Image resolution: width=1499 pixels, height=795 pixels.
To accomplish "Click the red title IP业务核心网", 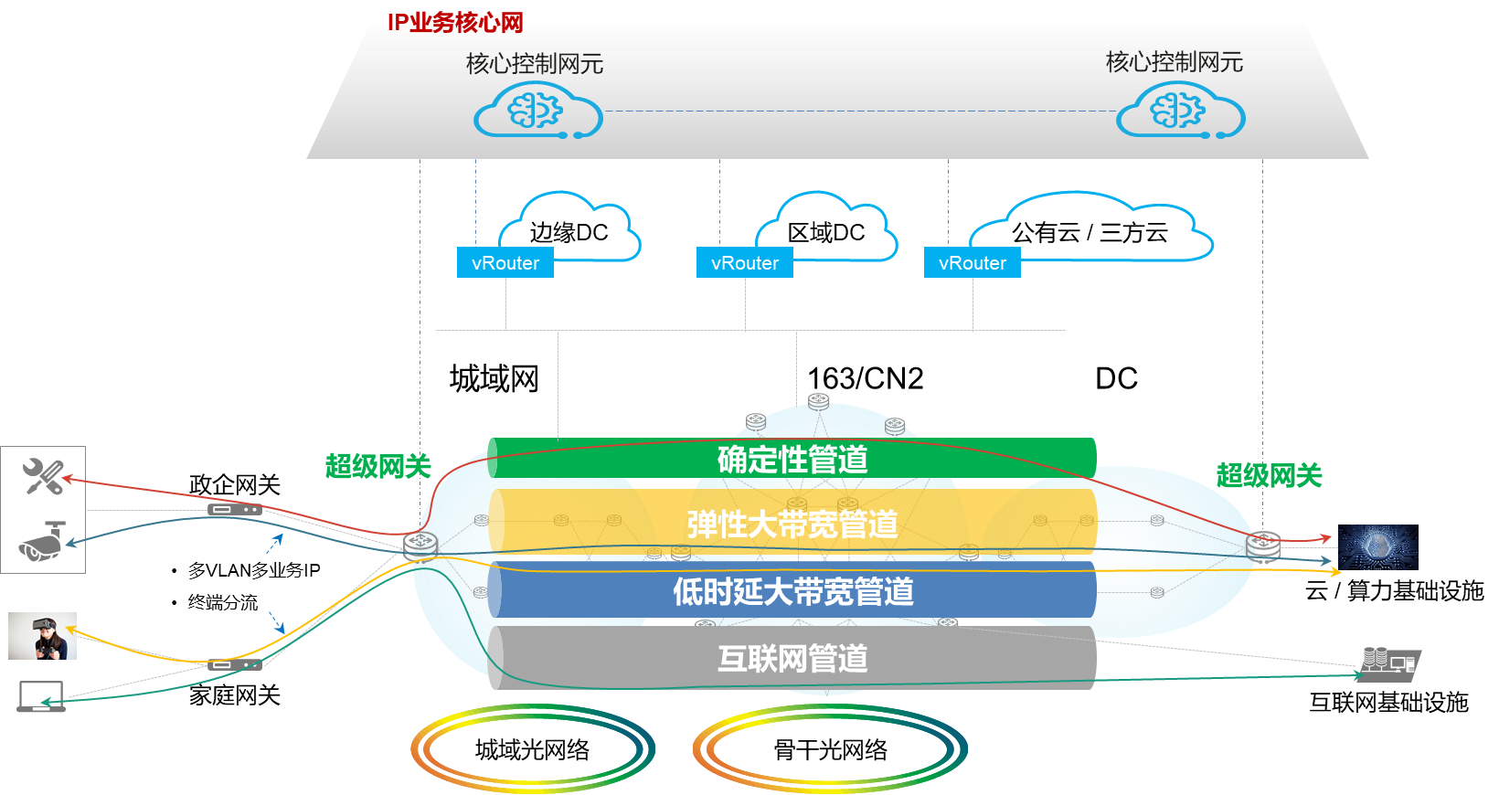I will pyautogui.click(x=454, y=22).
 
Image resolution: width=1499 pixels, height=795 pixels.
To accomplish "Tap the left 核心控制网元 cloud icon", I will pyautogui.click(x=537, y=111).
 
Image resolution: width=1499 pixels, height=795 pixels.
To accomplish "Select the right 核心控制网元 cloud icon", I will pyautogui.click(x=1180, y=111).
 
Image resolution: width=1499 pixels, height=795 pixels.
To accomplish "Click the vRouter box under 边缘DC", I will pyautogui.click(x=505, y=263).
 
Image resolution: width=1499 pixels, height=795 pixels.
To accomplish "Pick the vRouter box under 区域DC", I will pyautogui.click(x=745, y=263).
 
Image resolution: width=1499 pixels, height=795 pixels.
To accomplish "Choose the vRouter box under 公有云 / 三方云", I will pyautogui.click(x=973, y=263).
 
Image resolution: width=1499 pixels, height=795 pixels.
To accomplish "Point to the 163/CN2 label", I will pyautogui.click(x=865, y=378).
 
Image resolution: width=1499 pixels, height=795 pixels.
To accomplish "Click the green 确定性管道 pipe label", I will pyautogui.click(x=792, y=459).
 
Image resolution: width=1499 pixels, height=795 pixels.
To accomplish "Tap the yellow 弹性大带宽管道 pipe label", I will pyautogui.click(x=792, y=525).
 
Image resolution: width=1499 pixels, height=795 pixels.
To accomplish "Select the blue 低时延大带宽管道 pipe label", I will pyautogui.click(x=792, y=591).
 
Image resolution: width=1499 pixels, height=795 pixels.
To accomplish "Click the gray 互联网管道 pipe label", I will pyautogui.click(x=792, y=658).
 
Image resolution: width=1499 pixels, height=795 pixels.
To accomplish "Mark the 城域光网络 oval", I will pyautogui.click(x=532, y=750).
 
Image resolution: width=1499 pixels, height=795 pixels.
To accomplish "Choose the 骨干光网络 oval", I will pyautogui.click(x=830, y=750).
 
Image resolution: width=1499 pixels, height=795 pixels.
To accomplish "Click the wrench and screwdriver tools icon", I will pyautogui.click(x=43, y=476).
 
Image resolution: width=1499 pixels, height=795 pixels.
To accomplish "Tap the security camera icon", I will pyautogui.click(x=42, y=542).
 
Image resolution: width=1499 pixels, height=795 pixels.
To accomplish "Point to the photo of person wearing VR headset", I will pyautogui.click(x=42, y=636).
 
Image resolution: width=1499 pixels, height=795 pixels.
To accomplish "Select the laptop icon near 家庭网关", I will pyautogui.click(x=41, y=696).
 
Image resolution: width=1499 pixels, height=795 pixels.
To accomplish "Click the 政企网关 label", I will pyautogui.click(x=234, y=484).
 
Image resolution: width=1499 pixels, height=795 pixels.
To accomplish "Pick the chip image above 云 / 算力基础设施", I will pyautogui.click(x=1377, y=547).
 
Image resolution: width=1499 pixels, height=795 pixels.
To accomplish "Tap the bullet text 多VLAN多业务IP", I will pyautogui.click(x=254, y=570).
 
